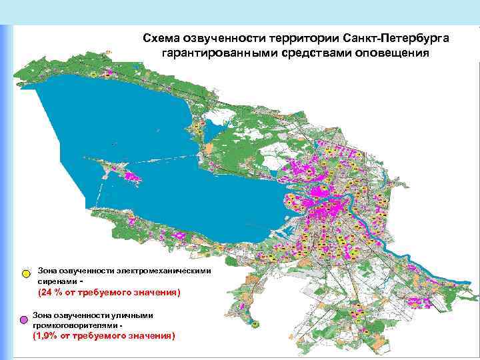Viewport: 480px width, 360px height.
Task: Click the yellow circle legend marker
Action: [x=26, y=274]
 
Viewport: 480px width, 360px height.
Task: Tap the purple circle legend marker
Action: [x=26, y=320]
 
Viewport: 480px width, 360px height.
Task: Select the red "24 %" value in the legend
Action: [x=51, y=293]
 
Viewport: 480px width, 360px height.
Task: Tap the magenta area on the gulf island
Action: [x=131, y=176]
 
